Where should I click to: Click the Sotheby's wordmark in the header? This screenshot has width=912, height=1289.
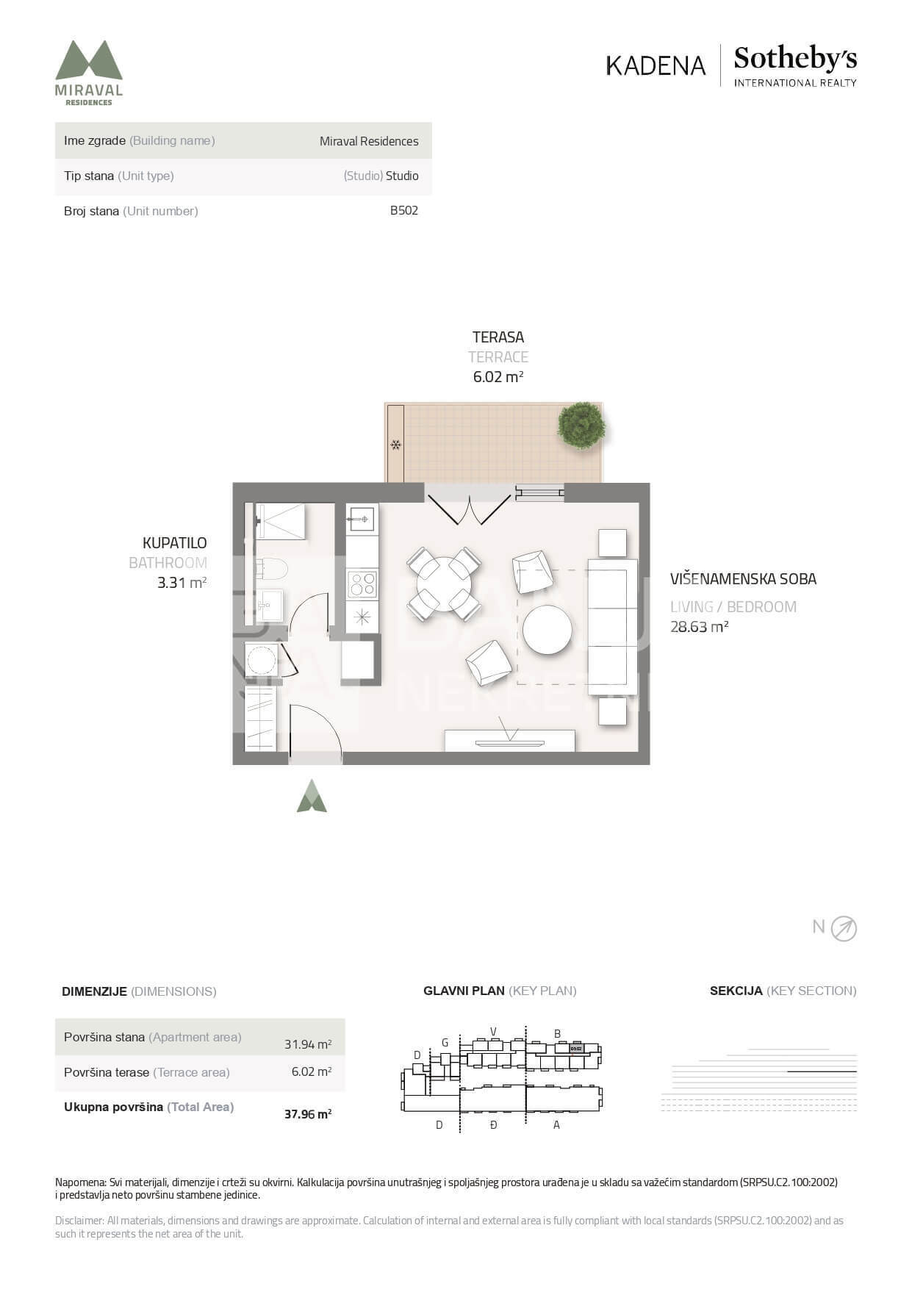795,58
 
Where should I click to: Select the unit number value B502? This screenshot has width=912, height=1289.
404,210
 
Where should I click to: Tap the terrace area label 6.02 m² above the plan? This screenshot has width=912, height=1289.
498,377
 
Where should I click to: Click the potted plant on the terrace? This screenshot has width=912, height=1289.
581,425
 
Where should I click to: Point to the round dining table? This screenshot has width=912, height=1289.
444,584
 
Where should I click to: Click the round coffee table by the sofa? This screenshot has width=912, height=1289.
547,630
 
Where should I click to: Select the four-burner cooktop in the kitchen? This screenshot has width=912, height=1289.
362,584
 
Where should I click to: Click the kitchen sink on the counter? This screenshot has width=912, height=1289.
362,520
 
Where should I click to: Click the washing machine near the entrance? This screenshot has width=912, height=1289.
261,660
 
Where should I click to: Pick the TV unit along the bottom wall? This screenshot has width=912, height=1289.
510,741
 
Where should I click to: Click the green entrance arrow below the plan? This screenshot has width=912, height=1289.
312,796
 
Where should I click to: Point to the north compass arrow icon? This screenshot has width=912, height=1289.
844,929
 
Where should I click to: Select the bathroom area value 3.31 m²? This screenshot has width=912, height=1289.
182,584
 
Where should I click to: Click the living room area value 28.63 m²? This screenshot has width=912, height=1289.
699,627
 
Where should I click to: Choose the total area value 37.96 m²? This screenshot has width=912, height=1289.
308,1114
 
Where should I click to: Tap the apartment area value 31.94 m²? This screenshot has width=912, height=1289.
308,1044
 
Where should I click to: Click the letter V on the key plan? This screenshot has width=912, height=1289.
494,1031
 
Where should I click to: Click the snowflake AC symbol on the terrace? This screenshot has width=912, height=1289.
395,445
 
